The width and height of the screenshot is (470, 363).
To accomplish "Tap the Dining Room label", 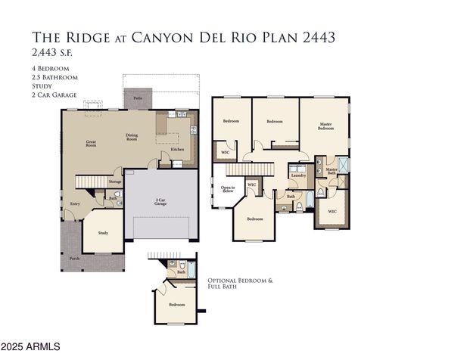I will tap(132, 138).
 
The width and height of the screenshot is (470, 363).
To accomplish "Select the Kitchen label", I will tap(176, 149).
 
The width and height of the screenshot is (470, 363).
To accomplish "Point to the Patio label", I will tap(138, 98).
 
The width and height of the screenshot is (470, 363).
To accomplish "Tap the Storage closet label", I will tap(115, 181).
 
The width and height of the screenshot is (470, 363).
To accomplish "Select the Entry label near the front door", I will tap(76, 203).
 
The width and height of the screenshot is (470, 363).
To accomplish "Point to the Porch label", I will tap(74, 259).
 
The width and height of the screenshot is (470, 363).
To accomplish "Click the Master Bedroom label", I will tap(325, 127).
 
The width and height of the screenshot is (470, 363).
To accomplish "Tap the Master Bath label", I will tap(331, 171).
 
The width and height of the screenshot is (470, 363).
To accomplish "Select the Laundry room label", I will tap(297, 175).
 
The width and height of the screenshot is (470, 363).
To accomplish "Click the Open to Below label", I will tap(227, 189).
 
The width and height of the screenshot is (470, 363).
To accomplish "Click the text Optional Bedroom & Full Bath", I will tap(239, 284).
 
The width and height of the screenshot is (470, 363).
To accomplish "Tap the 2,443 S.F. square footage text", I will tap(51, 53).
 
